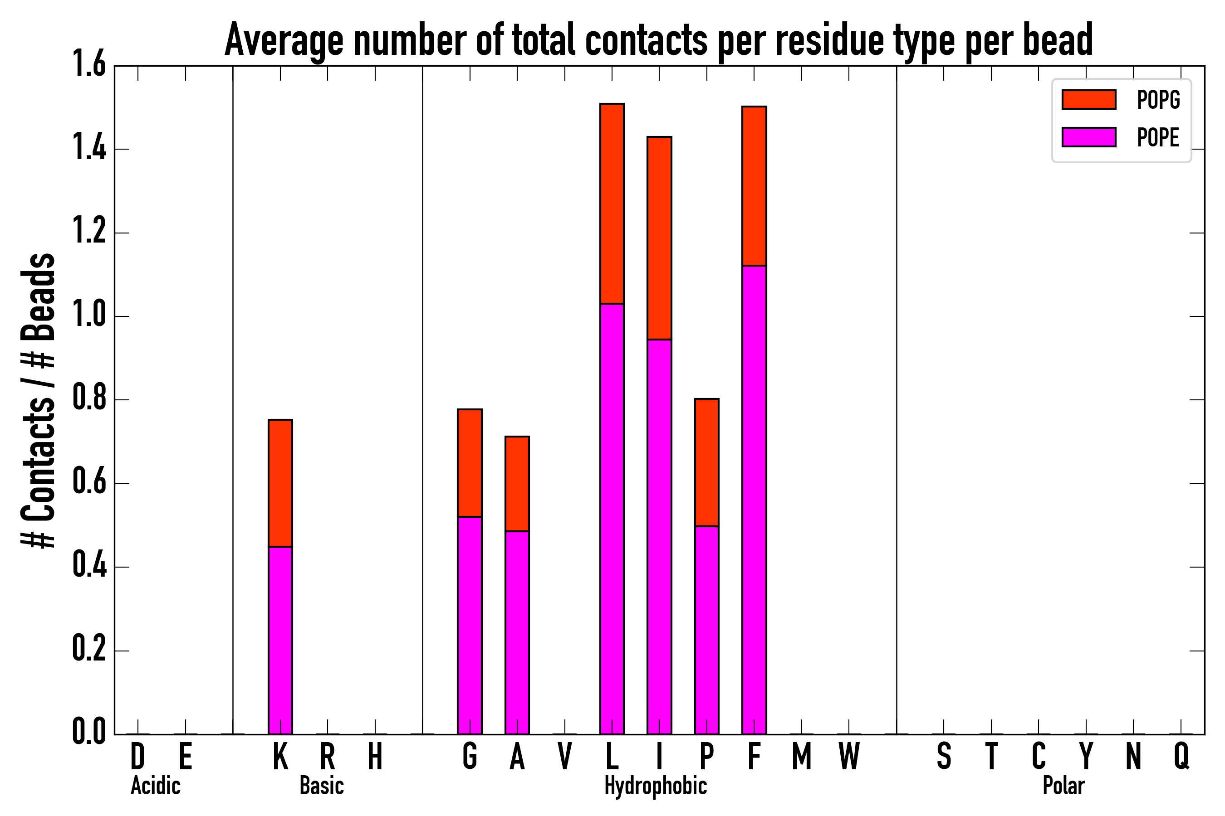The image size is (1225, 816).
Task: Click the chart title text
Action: (x=659, y=39)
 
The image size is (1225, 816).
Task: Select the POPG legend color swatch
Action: (x=1088, y=99)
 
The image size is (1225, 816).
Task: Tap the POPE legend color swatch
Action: (x=1088, y=137)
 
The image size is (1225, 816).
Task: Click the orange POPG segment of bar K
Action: (x=280, y=483)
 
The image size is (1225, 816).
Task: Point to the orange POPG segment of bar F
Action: (x=754, y=186)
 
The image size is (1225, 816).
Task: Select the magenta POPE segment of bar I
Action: (x=659, y=536)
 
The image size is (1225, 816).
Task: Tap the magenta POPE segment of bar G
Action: (x=469, y=625)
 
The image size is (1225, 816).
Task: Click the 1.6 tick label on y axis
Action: (x=89, y=64)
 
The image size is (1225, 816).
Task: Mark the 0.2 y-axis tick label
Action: (x=89, y=650)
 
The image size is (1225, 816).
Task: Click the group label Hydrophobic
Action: (x=655, y=786)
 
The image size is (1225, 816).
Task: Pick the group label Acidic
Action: (x=155, y=786)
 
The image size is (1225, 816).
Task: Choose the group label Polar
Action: (x=1063, y=786)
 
